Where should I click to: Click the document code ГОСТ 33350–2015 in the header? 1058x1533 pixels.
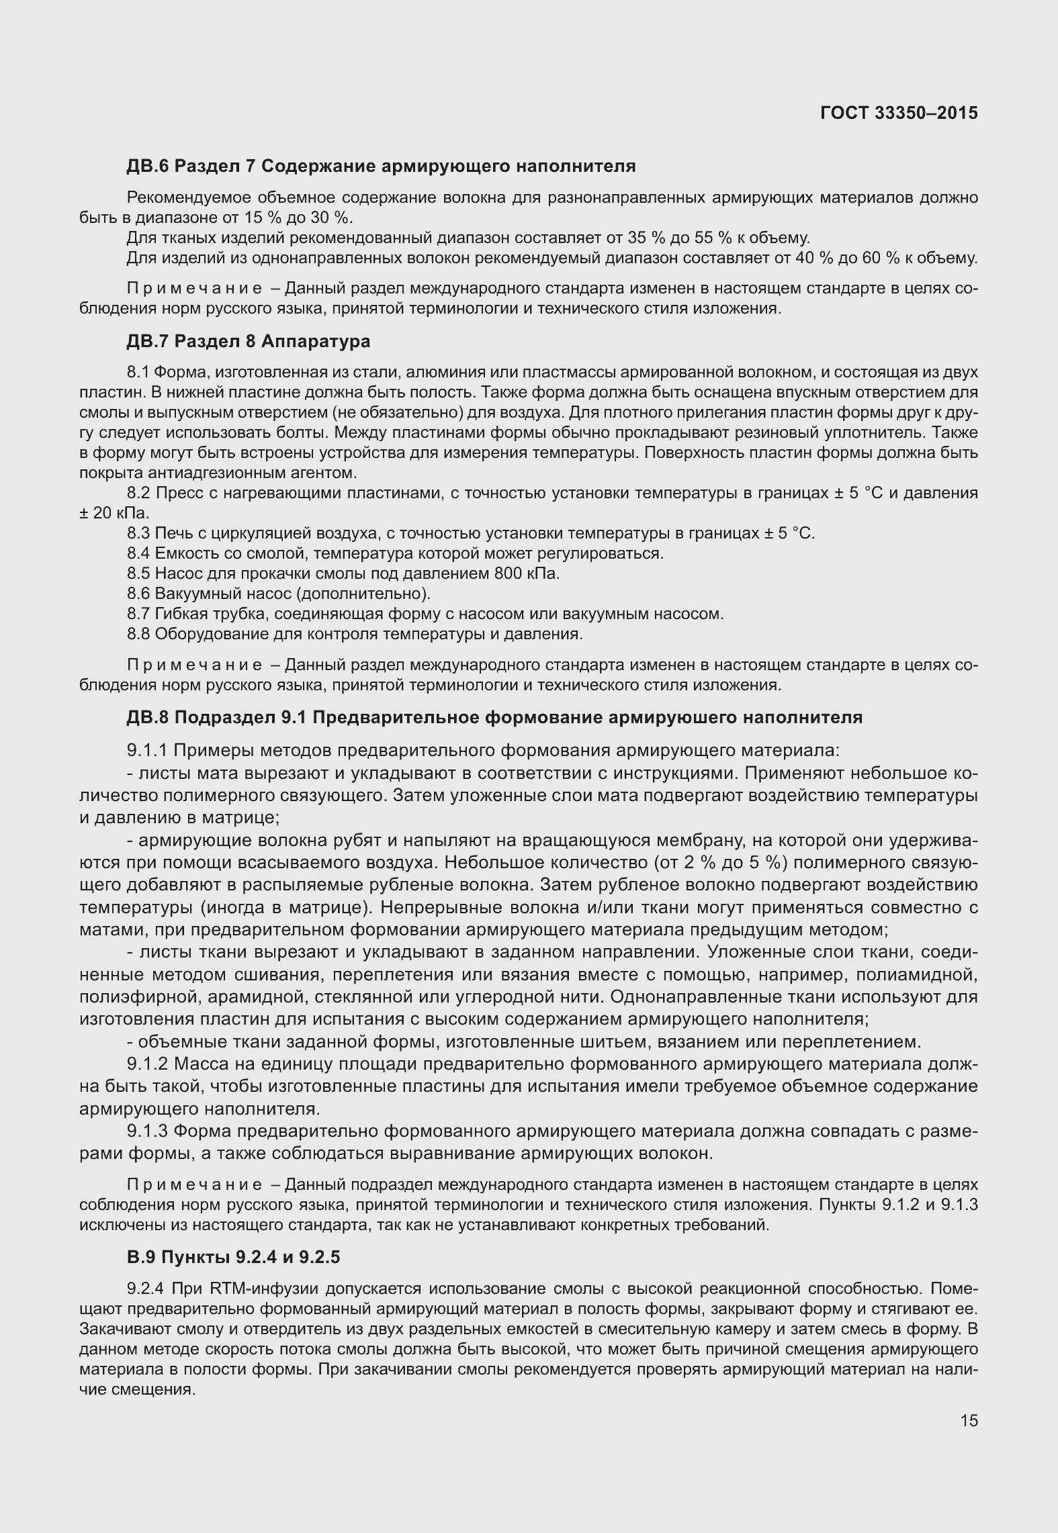click(899, 113)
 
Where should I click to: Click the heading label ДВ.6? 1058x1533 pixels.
click(147, 167)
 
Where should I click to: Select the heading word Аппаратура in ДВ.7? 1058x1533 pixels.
click(316, 342)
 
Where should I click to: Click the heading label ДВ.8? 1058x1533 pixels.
click(147, 718)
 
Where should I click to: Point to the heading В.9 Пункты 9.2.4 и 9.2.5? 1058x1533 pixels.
click(234, 1257)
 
